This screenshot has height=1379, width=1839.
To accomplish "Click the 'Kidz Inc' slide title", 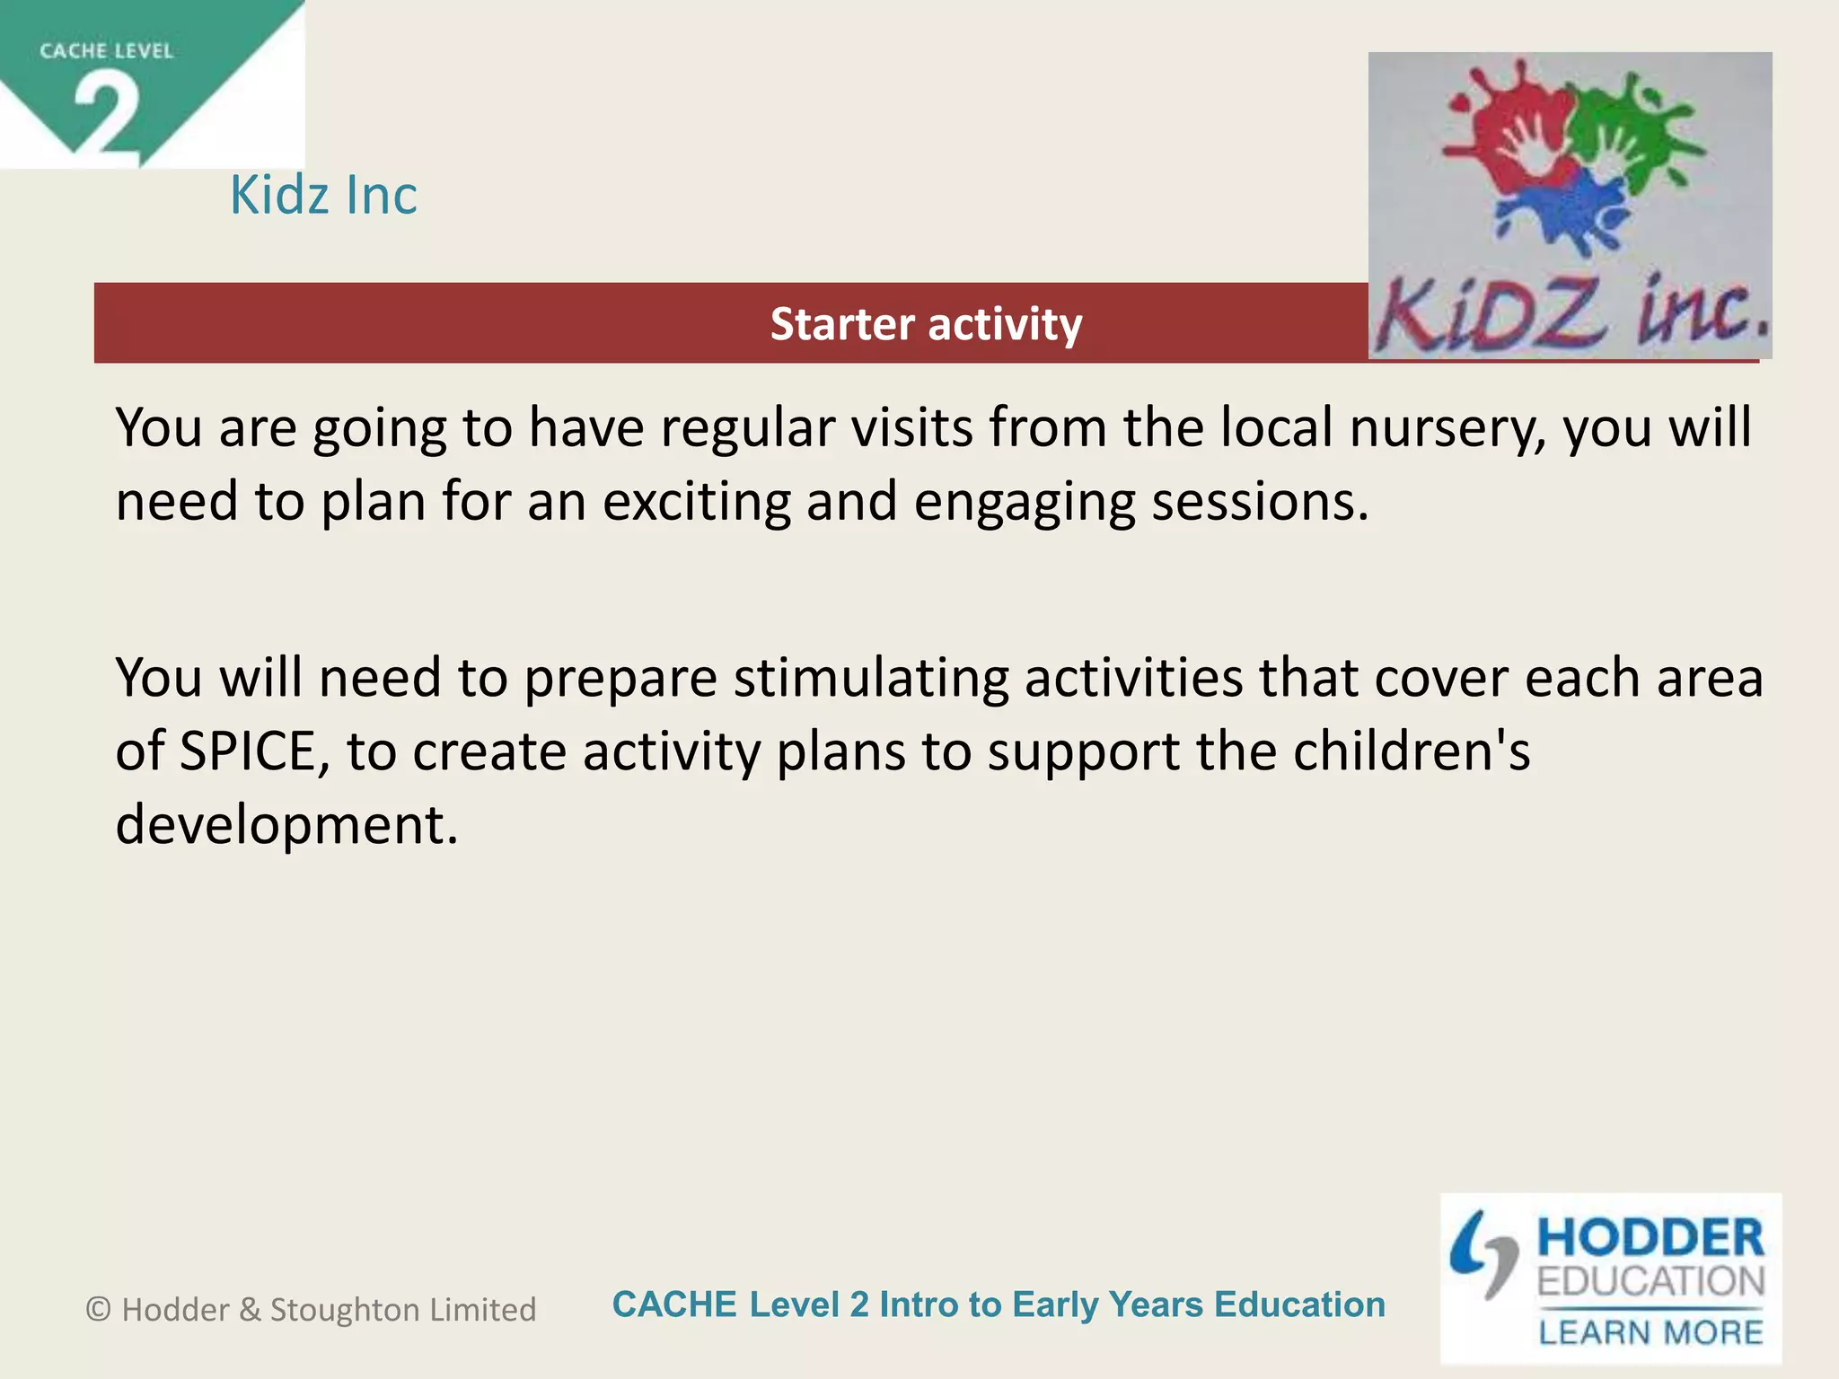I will (323, 195).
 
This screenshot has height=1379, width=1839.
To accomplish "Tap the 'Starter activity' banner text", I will (926, 324).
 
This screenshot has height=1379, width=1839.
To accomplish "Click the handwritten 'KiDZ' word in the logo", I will (1491, 316).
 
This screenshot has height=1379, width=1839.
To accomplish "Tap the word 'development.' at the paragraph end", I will (286, 825).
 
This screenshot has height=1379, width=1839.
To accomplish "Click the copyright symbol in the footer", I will (98, 1310).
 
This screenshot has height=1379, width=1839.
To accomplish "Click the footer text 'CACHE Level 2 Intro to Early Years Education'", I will (998, 1304).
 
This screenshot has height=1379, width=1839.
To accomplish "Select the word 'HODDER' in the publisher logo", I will (1650, 1238).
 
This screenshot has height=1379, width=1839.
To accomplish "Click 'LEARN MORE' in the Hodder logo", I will (1650, 1332).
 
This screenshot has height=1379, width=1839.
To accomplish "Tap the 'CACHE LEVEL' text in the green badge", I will (106, 51).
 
